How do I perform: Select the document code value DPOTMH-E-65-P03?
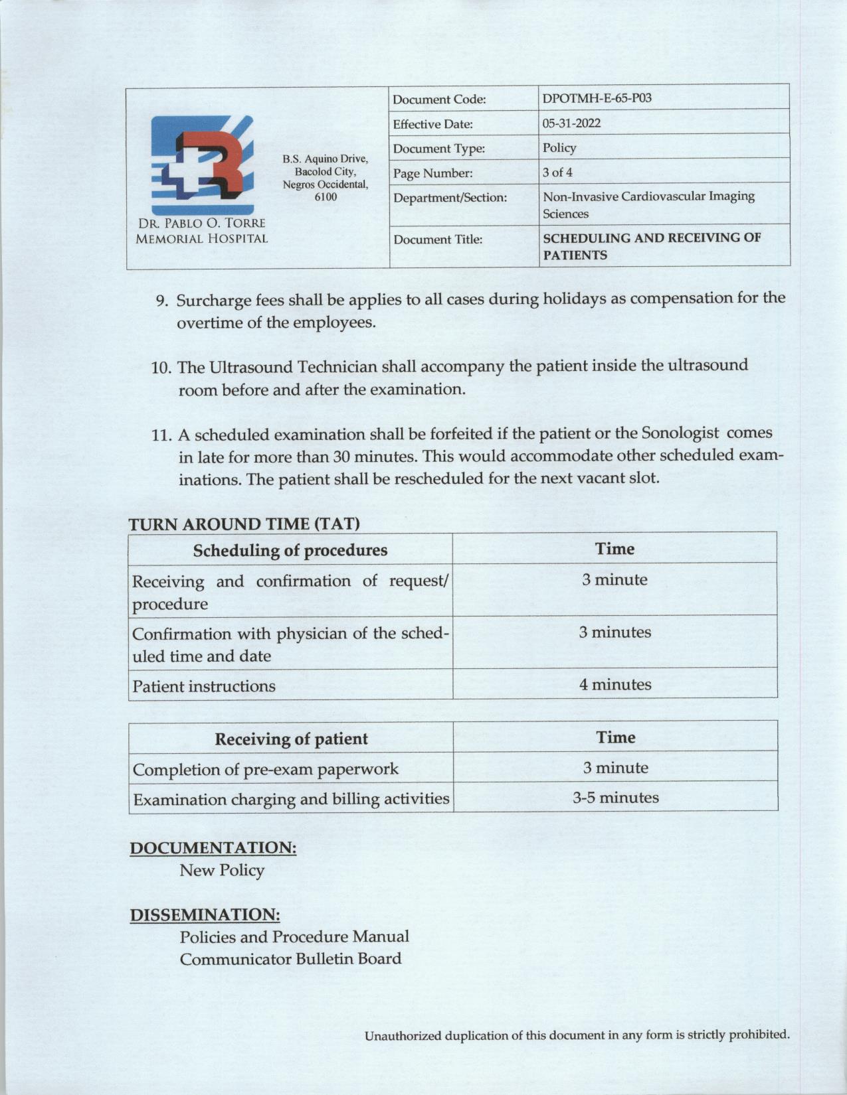pos(597,98)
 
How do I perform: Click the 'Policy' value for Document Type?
pos(559,147)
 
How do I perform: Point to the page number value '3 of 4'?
pos(557,173)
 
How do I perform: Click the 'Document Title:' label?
pos(438,240)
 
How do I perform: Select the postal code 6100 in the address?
pos(325,196)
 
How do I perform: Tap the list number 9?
pos(161,301)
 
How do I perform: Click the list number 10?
pos(161,368)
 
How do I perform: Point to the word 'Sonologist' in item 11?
pos(680,433)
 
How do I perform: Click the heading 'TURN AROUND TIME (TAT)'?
pos(244,523)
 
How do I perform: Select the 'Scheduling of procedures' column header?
pos(290,550)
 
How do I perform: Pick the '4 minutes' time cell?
pos(614,684)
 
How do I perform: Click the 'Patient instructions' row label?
pos(204,686)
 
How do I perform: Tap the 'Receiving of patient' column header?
pos(291,739)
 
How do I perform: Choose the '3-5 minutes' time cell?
pos(615,797)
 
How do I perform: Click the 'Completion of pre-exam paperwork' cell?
pos(265,770)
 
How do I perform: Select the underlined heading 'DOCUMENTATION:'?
pos(213,847)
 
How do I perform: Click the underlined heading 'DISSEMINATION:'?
pos(205,914)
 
